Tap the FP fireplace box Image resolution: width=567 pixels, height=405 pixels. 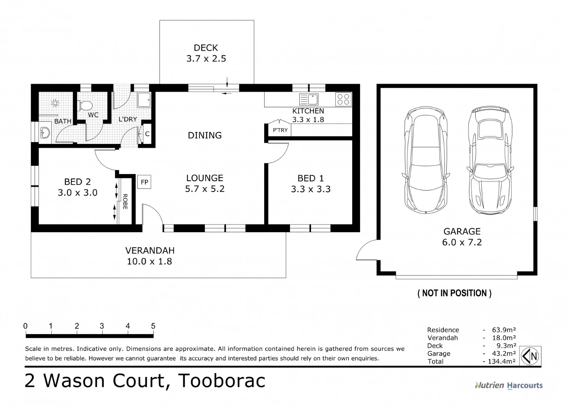tap(144, 181)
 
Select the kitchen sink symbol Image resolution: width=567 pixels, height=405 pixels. tap(309, 99)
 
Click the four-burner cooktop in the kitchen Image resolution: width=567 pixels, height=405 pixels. tap(343, 99)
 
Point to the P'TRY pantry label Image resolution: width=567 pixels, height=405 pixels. tap(280, 130)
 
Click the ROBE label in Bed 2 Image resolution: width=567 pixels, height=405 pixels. tap(125, 202)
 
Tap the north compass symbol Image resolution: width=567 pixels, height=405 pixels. tap(530, 356)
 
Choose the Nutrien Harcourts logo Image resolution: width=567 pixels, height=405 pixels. tap(509, 385)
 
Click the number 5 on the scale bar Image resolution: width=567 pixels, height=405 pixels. tap(153, 326)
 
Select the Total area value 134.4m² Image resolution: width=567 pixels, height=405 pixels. tap(501, 361)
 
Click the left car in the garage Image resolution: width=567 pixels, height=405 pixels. tap(426, 160)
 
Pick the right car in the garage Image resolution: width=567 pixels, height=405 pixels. tap(490, 160)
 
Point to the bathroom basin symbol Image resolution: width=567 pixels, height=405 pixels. tap(45, 132)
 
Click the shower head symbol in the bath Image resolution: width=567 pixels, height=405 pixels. tap(55, 103)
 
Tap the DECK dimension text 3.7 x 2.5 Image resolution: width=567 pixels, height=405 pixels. tap(206, 59)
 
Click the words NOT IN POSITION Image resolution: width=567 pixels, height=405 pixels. tap(454, 293)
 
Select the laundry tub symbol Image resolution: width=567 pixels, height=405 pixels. tap(144, 100)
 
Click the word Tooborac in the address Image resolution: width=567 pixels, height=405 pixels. tap(222, 381)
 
